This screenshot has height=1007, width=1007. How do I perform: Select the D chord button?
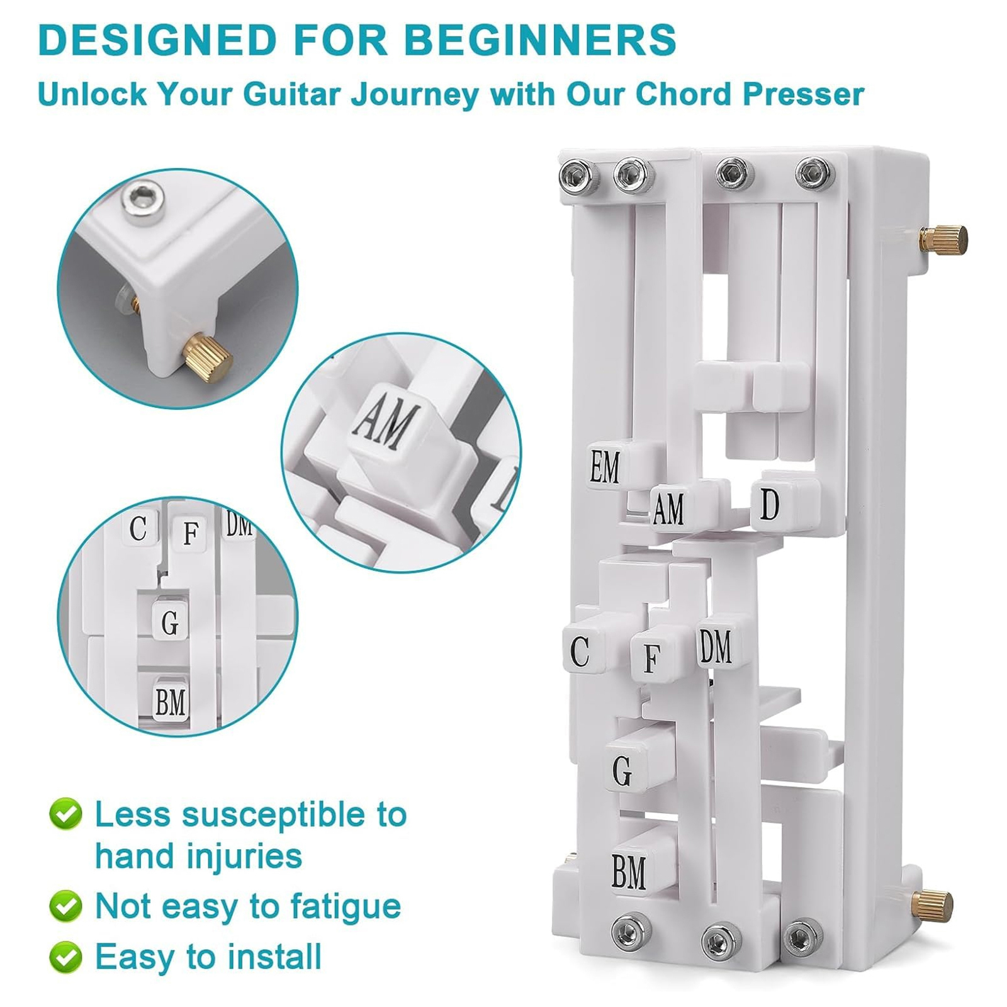(x=770, y=504)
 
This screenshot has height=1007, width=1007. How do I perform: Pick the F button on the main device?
(x=652, y=658)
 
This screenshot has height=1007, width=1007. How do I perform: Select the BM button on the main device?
(x=629, y=871)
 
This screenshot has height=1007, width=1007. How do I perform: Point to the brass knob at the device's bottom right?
(x=933, y=904)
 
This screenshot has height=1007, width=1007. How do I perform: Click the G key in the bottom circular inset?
(x=170, y=622)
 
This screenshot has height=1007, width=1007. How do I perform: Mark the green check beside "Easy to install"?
(x=65, y=957)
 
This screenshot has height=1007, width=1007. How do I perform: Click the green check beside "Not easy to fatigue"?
(x=65, y=906)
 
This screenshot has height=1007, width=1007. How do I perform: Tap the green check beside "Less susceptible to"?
(x=65, y=814)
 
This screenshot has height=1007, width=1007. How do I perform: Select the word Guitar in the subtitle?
(x=293, y=95)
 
